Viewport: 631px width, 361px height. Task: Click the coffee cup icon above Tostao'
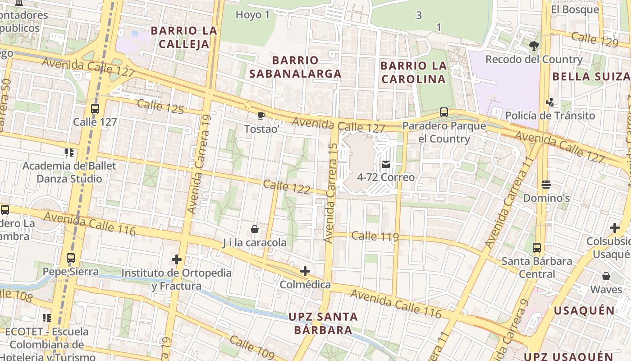(x=261, y=116)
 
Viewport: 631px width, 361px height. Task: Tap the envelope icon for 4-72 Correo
(x=386, y=164)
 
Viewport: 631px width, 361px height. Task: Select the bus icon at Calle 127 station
(x=95, y=109)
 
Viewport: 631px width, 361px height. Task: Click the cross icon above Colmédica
(x=305, y=271)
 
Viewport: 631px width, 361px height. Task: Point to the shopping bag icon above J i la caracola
(x=255, y=229)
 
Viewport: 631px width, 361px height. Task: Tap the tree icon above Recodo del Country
(x=534, y=46)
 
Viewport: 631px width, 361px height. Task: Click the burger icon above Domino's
(x=546, y=185)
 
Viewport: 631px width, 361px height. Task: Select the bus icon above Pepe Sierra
(x=71, y=258)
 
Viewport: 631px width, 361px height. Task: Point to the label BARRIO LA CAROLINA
(x=413, y=72)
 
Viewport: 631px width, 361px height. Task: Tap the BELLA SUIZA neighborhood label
(x=591, y=76)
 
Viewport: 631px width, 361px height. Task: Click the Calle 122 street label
(x=286, y=186)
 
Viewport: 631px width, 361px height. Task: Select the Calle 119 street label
(x=375, y=236)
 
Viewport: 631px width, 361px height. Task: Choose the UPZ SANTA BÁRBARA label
(x=323, y=323)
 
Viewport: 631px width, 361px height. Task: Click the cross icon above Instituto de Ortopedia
(x=177, y=259)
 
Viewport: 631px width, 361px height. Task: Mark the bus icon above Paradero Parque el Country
(x=444, y=112)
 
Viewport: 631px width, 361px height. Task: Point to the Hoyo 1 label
(x=252, y=15)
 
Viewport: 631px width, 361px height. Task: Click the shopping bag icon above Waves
(x=606, y=276)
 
